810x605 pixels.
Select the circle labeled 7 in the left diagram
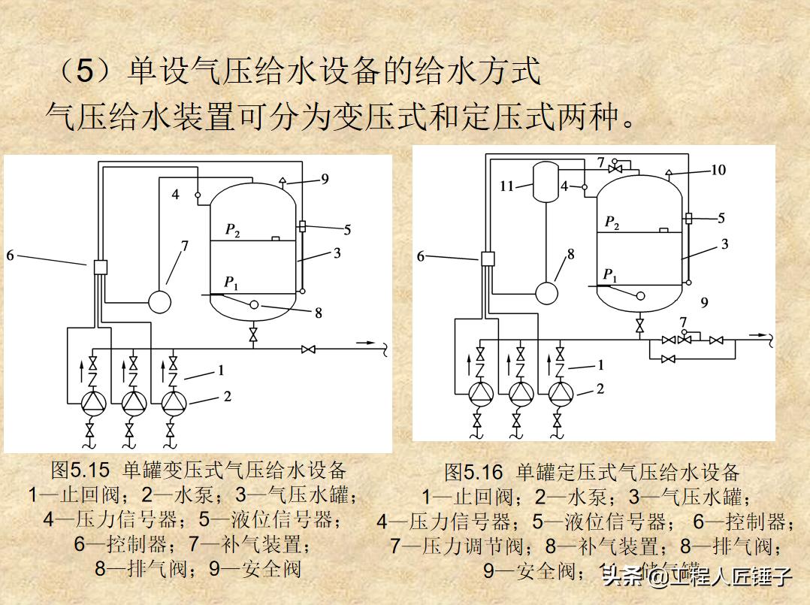(159, 301)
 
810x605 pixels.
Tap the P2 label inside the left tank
(233, 230)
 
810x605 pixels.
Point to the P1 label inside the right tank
(610, 274)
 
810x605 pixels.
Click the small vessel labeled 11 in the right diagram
(542, 183)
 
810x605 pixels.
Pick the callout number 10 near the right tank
(718, 170)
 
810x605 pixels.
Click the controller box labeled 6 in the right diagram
(488, 259)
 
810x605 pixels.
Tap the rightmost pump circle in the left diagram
(173, 403)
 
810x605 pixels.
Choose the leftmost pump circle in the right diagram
(479, 392)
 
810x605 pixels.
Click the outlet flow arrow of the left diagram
(367, 343)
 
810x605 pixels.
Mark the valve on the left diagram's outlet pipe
(307, 349)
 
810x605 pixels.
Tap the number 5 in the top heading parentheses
(86, 72)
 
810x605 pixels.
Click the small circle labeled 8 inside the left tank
(254, 304)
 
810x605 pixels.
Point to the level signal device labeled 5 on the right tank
(688, 219)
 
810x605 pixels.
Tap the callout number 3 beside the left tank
(337, 253)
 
